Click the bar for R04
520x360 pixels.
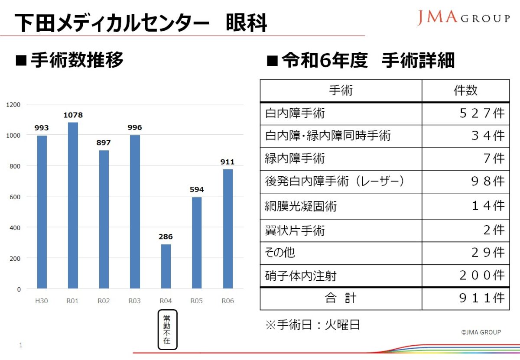coord(166,266)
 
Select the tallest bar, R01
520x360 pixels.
coord(73,205)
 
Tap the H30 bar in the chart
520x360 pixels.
coord(42,212)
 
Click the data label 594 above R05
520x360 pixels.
coord(196,189)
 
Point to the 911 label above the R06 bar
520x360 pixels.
coord(227,162)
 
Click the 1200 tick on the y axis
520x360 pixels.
coord(13,104)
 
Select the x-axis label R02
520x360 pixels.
coord(104,301)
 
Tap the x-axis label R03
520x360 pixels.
coord(134,301)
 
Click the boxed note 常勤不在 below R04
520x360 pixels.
coord(167,329)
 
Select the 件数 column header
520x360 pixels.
coord(465,91)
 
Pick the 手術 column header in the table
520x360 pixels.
coord(341,91)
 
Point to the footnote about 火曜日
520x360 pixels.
coord(312,325)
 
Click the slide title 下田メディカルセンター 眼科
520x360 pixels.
coord(141,23)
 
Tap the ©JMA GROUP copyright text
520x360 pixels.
coord(481,332)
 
